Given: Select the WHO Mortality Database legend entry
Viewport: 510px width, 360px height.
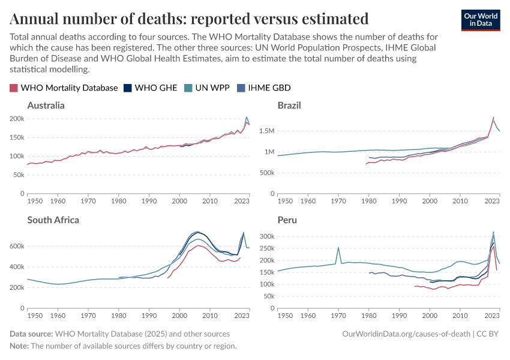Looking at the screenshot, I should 64,88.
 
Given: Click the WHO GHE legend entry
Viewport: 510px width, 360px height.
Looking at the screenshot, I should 150,88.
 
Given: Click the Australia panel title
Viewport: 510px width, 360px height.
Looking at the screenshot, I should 46,106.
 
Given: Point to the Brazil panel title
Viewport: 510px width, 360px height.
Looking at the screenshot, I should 289,106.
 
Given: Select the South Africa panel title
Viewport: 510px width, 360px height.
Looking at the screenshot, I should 53,220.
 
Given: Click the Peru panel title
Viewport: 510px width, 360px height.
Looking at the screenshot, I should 287,220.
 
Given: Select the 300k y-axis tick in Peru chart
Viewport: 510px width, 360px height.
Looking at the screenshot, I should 267,236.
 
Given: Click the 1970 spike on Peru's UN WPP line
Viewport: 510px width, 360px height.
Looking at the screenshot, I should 338,247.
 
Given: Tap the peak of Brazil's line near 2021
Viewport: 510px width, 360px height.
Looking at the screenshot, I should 493,118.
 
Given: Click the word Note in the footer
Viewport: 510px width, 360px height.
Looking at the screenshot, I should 19,346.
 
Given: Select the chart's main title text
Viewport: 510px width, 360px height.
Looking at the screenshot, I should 189,19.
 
